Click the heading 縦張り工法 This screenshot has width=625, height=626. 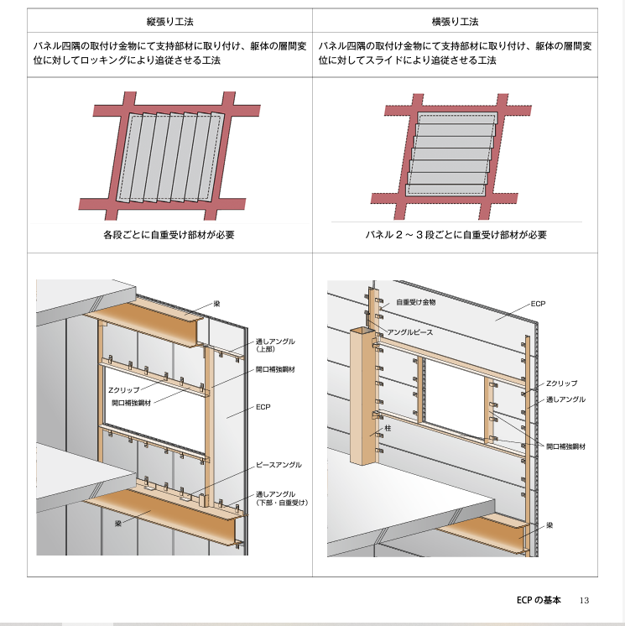click(169, 21)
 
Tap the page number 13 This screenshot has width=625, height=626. click(585, 600)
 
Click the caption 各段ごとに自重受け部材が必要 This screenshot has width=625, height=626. click(169, 235)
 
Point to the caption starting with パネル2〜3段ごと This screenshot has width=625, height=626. click(456, 235)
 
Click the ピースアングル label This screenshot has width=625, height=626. click(278, 464)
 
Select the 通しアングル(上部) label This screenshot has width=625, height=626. click(275, 346)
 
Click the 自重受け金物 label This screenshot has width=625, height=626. click(415, 300)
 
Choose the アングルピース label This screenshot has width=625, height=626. click(410, 332)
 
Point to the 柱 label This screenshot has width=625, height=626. click(388, 429)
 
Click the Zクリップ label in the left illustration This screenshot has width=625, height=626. click(123, 390)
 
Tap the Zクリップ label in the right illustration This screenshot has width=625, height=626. click(561, 383)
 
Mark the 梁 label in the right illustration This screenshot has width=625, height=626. click(549, 525)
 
